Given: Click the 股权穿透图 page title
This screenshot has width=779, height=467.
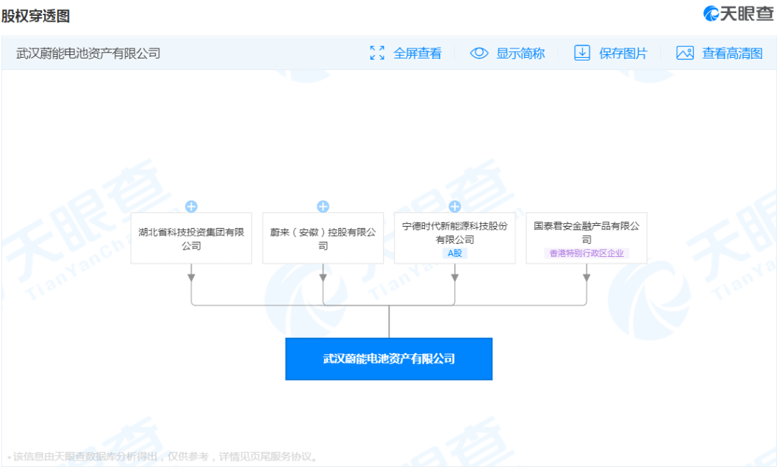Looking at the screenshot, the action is tap(35, 16).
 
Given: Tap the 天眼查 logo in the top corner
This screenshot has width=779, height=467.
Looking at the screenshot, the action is tap(739, 14).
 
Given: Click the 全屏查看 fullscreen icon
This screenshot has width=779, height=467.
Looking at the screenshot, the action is tap(377, 53).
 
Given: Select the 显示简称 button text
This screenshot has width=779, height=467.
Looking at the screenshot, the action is tap(520, 53).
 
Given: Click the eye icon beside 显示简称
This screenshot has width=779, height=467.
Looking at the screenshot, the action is tap(480, 53).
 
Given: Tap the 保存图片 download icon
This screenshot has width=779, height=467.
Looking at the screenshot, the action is tap(582, 53).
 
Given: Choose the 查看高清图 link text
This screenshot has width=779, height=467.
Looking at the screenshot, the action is tap(732, 53).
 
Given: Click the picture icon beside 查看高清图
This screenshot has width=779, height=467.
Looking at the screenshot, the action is tap(685, 53).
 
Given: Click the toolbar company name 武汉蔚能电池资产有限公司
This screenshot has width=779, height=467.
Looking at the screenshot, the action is tap(88, 53).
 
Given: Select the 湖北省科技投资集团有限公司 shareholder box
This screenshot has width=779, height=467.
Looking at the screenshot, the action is tap(191, 238).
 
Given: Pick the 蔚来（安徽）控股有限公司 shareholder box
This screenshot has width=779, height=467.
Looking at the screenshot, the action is tap(323, 238).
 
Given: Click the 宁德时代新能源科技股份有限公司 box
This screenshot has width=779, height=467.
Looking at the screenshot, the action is tap(454, 238).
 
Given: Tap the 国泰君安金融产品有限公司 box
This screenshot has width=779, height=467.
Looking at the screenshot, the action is tap(586, 238).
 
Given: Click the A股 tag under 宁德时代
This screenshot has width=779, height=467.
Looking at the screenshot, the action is tap(454, 253).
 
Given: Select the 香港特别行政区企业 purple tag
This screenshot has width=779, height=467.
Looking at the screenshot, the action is tap(586, 253).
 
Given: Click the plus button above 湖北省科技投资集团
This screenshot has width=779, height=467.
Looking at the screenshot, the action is tap(191, 206).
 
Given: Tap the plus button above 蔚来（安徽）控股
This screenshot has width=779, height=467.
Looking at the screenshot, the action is tap(323, 206).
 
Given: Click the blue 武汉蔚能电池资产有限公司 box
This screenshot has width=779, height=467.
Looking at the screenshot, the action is tap(389, 359).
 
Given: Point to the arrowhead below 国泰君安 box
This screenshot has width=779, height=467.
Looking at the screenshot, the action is tap(586, 277).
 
